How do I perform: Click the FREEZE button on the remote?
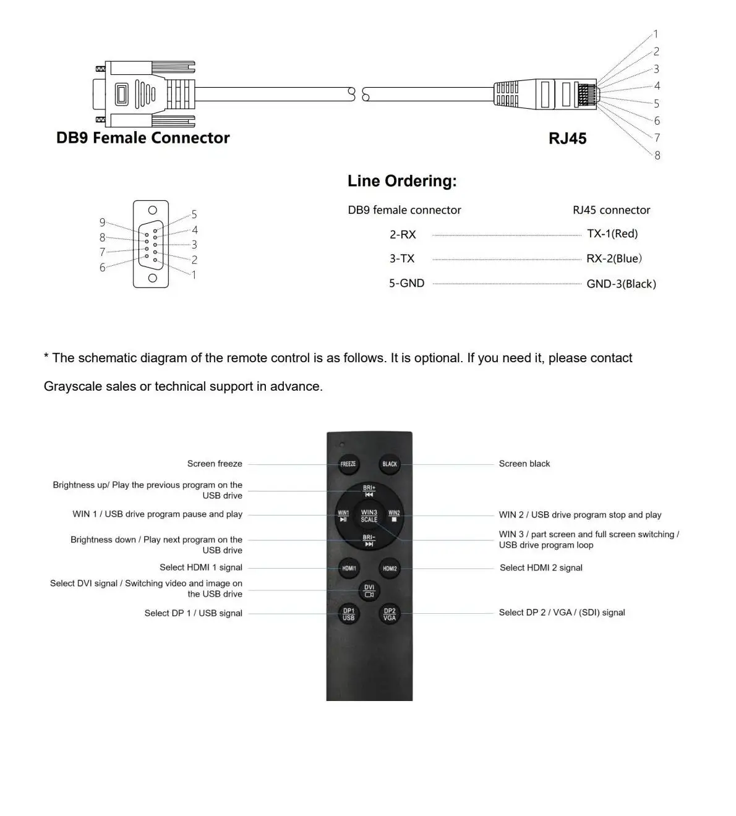click(348, 464)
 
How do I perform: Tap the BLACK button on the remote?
click(390, 464)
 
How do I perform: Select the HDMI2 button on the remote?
click(390, 568)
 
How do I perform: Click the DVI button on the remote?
click(369, 590)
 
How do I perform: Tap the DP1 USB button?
click(349, 614)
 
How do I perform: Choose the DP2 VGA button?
click(390, 614)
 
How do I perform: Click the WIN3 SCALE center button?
click(369, 516)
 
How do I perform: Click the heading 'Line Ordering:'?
click(402, 181)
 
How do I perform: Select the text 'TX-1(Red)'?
click(612, 234)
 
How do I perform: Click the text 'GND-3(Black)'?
click(621, 284)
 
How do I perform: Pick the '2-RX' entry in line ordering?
click(403, 234)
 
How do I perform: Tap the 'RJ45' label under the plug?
click(567, 138)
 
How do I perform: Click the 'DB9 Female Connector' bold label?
click(143, 138)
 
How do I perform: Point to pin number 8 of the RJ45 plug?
click(657, 155)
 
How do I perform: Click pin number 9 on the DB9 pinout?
click(103, 223)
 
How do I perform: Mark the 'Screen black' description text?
click(524, 464)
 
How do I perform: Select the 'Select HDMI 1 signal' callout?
click(201, 567)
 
